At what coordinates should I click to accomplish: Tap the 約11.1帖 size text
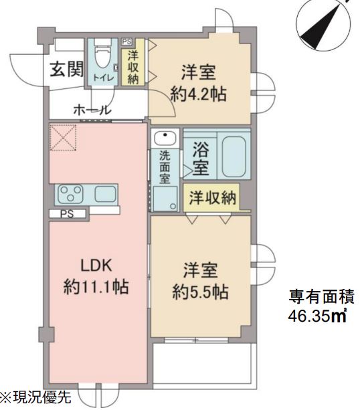coord(96,287)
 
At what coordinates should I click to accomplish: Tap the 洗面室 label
coord(164,169)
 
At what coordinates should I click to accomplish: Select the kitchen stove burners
coord(72,194)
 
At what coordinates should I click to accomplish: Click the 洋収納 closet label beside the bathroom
coord(212,197)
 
